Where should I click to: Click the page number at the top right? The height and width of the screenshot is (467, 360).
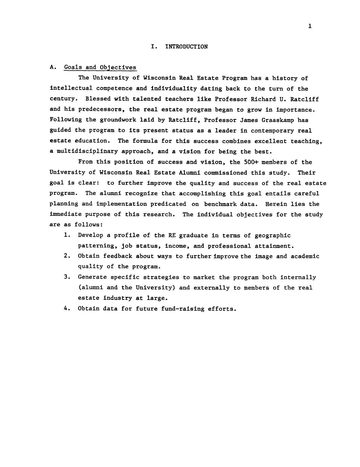[x=310, y=26]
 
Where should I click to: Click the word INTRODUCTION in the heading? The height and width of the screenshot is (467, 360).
[x=186, y=47]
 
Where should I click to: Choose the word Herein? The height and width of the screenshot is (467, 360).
[x=276, y=204]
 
